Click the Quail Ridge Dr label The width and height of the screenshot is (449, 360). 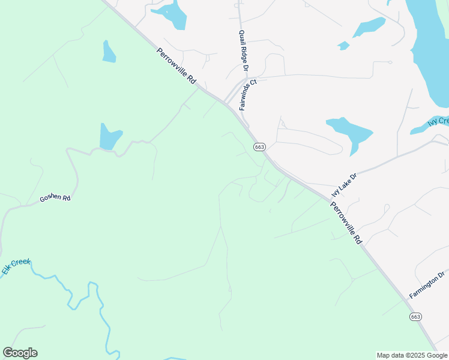(x=244, y=51)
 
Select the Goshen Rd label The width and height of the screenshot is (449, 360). (x=55, y=197)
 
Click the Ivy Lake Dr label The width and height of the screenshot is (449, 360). (x=345, y=185)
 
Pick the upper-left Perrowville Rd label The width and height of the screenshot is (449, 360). (x=176, y=66)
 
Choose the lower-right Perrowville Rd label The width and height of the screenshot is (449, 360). (x=346, y=221)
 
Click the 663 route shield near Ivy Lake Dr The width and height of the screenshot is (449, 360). (x=259, y=147)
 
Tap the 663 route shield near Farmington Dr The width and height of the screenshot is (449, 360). (x=415, y=316)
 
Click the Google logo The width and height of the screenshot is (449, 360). (x=20, y=353)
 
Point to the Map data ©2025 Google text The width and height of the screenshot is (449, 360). (x=412, y=355)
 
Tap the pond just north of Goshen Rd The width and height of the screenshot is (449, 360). (x=109, y=137)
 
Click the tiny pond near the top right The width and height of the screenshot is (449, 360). (x=343, y=46)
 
